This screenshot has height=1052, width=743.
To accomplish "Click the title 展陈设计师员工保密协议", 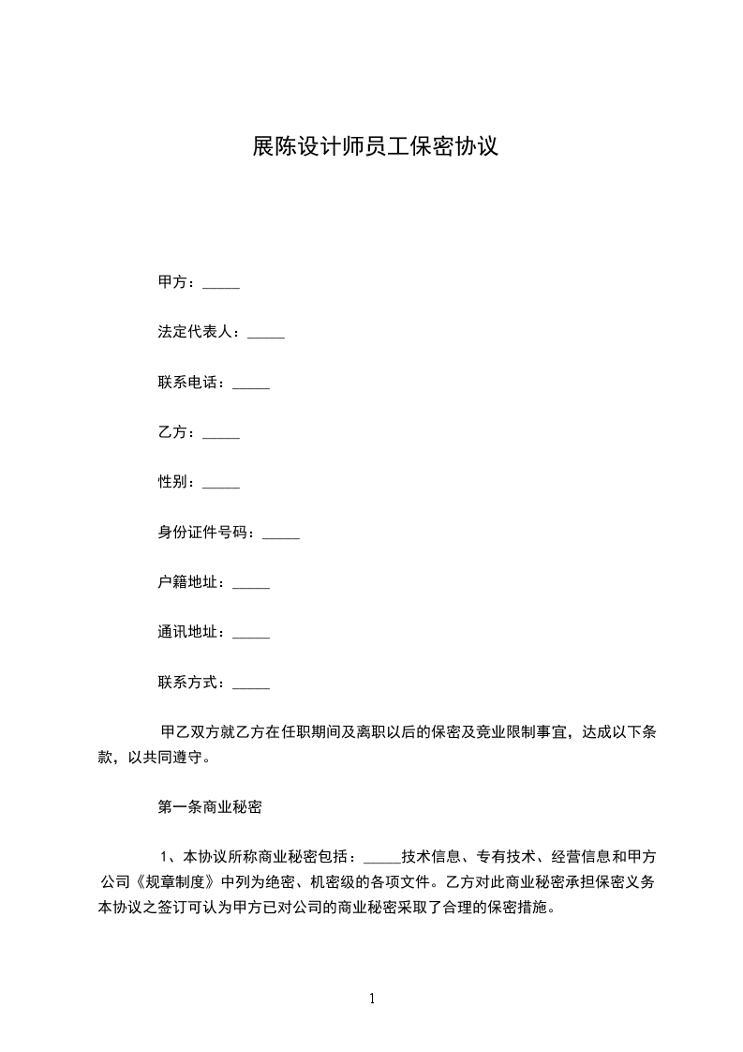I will pos(372,146).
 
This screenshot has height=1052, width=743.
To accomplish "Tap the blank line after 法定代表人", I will pos(265,333).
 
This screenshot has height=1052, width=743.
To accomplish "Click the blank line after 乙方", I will pos(221,433).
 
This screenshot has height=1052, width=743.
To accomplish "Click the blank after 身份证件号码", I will pos(281,534).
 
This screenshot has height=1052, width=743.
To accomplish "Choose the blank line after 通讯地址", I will pos(250,633).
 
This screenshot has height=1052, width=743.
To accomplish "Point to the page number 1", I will pos(372,999).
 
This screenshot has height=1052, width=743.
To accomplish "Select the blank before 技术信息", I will pos(381,859).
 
